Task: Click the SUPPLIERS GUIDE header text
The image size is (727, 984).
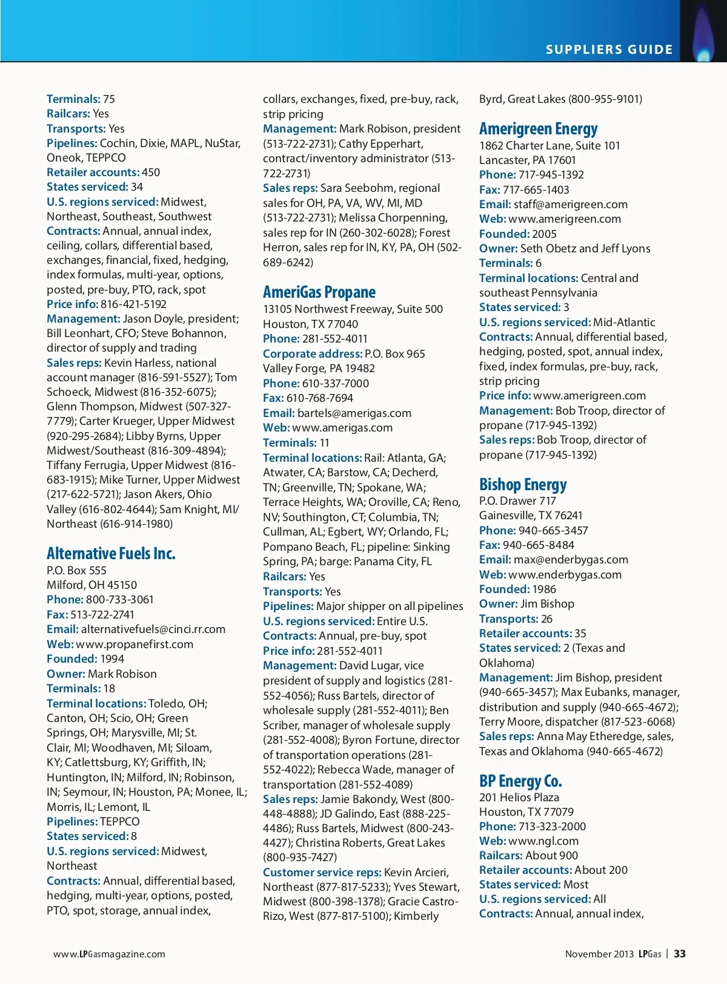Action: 609,50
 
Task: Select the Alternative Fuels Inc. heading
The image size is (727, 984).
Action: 111,553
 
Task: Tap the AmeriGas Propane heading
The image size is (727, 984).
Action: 319,292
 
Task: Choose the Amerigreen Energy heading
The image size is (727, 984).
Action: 538,129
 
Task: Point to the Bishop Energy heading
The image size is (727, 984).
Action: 523,485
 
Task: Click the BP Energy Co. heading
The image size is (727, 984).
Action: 520,781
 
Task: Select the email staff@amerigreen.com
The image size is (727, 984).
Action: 570,205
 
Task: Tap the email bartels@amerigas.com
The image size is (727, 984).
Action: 354,413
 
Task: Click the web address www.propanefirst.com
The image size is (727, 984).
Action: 134,644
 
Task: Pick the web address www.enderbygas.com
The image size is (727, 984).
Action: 565,574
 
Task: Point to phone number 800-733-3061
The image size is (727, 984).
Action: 120,599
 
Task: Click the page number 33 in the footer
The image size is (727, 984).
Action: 680,954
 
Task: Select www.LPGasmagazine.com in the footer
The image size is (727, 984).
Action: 109,954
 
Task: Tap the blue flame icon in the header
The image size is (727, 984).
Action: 703,36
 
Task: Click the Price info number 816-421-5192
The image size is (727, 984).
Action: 133,304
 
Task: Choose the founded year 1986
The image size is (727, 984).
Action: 544,589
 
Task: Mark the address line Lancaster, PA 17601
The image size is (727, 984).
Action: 527,160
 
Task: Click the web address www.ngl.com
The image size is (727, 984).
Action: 543,841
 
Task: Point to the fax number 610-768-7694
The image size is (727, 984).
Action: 320,398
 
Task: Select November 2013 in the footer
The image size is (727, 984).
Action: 599,954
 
